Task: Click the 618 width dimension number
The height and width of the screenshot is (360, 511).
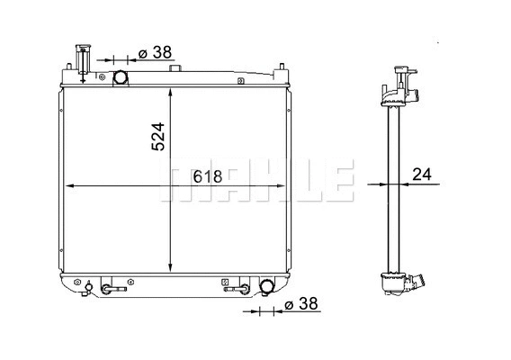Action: coord(210,177)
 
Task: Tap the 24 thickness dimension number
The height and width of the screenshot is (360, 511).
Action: coord(422,175)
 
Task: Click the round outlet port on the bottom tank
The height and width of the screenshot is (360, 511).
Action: coord(267,288)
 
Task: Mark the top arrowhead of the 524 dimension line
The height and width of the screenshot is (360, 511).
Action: coord(171,91)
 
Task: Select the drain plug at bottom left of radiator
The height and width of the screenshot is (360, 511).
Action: coord(88,288)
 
